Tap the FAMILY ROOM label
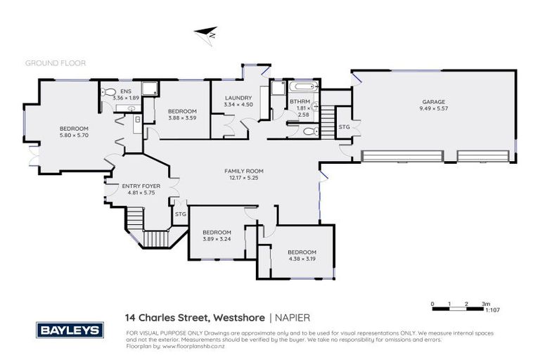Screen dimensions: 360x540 (x=243, y=171)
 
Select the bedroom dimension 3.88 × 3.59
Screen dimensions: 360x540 (x=181, y=118)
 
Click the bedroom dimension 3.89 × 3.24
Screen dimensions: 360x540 (x=217, y=239)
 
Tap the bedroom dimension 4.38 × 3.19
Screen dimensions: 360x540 (x=302, y=259)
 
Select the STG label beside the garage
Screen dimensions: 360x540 (x=344, y=127)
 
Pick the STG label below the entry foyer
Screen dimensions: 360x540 (x=180, y=214)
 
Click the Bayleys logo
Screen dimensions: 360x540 (x=70, y=330)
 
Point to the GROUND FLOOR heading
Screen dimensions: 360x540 (x=56, y=63)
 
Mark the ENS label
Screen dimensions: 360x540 (x=125, y=91)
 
